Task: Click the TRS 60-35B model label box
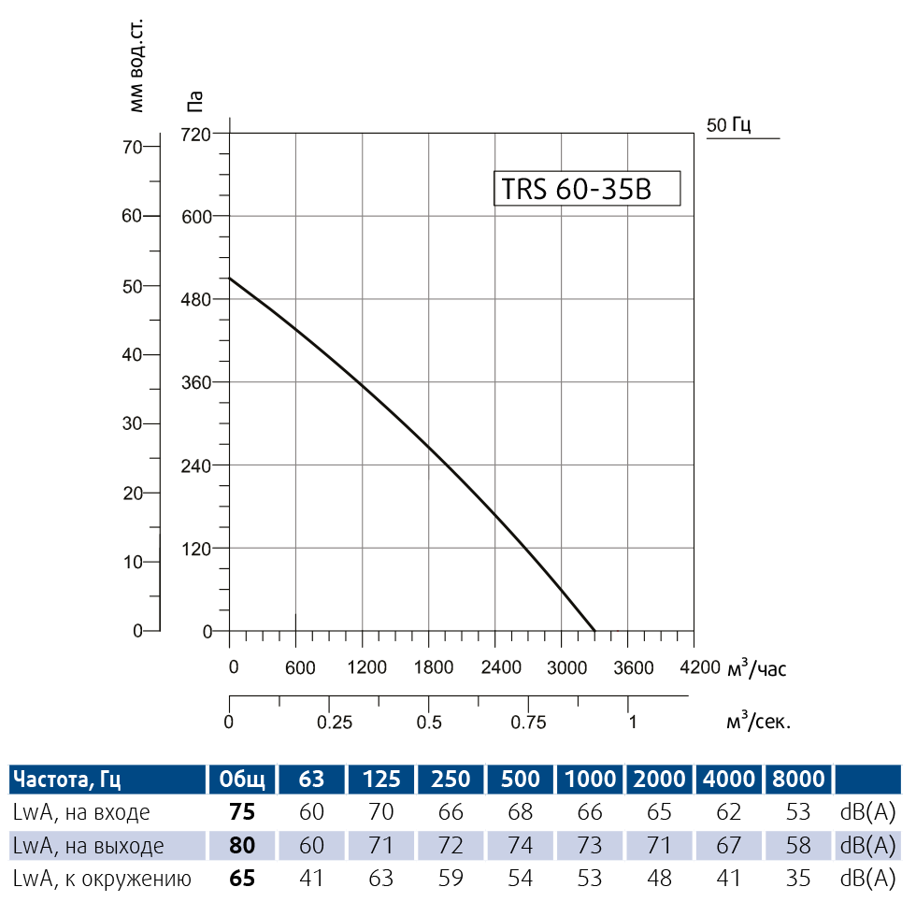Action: tap(586, 189)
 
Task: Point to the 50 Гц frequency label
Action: tap(730, 124)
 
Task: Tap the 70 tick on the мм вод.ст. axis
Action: tap(131, 146)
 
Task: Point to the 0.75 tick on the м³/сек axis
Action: tap(528, 722)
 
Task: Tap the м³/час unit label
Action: tap(758, 668)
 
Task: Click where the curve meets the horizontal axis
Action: tap(594, 631)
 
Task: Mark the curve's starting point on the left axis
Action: tap(230, 278)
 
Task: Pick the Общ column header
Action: tap(242, 780)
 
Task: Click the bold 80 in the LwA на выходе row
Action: tap(242, 846)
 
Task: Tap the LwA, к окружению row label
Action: tap(101, 879)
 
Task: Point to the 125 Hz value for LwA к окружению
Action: tap(381, 879)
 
